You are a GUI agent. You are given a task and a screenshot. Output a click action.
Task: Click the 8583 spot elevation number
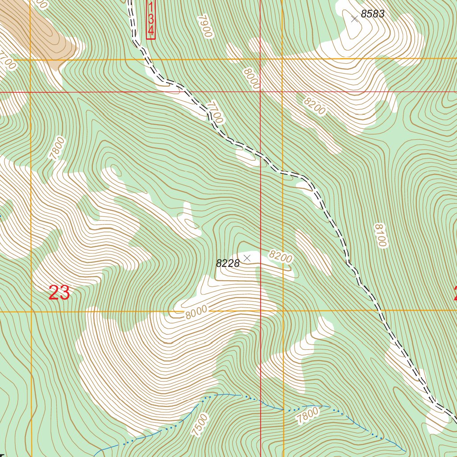[372, 14]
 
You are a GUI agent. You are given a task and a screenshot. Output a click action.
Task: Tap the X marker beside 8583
[354, 19]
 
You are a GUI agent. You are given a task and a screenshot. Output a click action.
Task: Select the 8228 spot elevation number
[228, 263]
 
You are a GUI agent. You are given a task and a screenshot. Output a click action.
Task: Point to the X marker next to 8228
[247, 258]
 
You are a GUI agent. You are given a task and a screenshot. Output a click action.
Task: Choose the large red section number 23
[59, 293]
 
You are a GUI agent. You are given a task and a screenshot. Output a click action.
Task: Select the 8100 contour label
[380, 235]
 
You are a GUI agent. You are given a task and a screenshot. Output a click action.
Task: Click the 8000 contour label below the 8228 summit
[196, 312]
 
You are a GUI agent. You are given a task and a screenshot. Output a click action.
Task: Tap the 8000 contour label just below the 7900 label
[252, 78]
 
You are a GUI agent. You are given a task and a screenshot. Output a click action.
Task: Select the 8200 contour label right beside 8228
[280, 257]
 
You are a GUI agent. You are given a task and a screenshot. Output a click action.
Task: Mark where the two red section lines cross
[261, 92]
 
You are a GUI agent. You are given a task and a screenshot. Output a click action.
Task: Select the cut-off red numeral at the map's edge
[455, 294]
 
